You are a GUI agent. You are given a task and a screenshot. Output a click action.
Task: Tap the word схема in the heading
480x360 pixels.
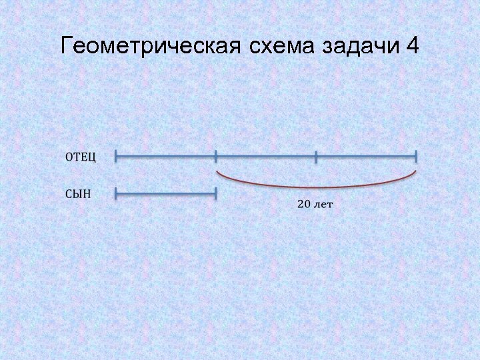point(281,46)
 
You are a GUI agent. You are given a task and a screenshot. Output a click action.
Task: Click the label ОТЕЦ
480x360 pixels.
point(81,157)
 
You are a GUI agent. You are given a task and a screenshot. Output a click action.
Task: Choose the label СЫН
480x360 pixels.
point(79,194)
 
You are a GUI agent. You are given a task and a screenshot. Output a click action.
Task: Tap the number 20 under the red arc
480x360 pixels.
point(303,204)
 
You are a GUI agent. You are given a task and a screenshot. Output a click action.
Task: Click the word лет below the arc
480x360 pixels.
point(323,204)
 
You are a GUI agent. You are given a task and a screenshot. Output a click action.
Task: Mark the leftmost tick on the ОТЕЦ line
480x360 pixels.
point(116,157)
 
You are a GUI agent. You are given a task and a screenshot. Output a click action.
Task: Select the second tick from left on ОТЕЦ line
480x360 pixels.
point(216,157)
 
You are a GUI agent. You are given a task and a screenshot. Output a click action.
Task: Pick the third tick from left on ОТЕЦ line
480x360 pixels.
point(316,157)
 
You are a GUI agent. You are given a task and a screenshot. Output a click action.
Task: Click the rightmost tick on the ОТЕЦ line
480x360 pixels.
point(416,157)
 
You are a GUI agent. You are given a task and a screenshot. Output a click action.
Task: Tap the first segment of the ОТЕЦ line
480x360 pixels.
point(166,157)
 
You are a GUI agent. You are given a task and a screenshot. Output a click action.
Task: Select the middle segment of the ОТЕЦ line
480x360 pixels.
point(266,157)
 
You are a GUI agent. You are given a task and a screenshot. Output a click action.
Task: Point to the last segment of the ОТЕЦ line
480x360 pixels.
point(366,157)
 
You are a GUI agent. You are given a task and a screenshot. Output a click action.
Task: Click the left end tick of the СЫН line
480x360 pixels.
point(116,194)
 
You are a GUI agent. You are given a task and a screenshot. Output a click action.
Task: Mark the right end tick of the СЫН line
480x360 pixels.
point(216,194)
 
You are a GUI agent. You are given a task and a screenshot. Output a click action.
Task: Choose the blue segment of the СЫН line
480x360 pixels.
point(166,194)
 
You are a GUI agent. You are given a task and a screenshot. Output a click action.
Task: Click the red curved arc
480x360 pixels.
point(317,187)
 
